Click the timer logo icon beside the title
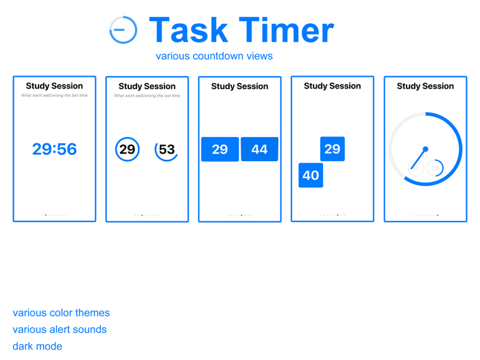coord(123,30)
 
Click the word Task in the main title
coord(188,30)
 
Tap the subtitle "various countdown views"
coord(214,56)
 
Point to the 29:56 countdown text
coord(54,149)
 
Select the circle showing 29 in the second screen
coord(128,149)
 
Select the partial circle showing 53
coord(167,149)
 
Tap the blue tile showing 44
coord(259,149)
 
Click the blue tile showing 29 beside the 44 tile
coord(220,149)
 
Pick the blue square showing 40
coord(311,175)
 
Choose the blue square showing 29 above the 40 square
coord(333,149)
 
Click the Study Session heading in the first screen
coord(54,86)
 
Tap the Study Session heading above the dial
coord(425,86)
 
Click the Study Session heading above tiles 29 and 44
coord(239,86)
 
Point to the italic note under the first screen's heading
coord(54,95)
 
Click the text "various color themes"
coord(61,313)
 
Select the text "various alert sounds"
coord(60,329)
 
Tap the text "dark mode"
coord(37,346)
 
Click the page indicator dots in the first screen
coord(54,215)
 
